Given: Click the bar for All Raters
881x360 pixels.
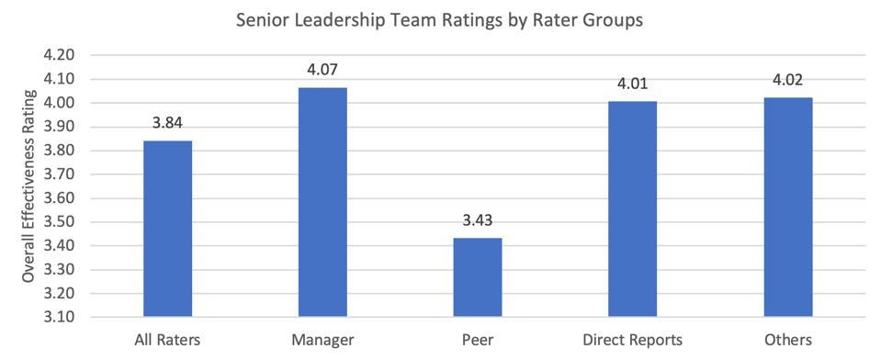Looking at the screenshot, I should pos(167,229).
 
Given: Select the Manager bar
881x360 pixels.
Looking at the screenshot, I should pos(322,202).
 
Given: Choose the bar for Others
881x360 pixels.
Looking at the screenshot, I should pos(786,208).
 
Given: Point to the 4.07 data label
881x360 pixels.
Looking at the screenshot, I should pos(322,71).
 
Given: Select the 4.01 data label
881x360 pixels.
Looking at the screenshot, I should pos(631,84).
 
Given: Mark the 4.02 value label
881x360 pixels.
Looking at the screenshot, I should pos(786,81).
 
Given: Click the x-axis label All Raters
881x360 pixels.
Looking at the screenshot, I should pos(167,340).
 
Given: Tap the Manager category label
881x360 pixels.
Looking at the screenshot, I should pos(322,340).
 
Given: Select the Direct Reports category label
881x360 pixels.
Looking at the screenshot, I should pos(631,340).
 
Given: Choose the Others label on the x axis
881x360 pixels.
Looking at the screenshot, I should pos(786,340).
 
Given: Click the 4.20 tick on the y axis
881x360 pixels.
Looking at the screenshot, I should pos(58,55).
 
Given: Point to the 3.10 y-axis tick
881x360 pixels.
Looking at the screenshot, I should pos(58,318).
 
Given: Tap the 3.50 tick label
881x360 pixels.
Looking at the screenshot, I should pos(58,222).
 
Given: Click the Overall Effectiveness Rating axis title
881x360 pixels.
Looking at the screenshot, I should pos(28,186).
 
